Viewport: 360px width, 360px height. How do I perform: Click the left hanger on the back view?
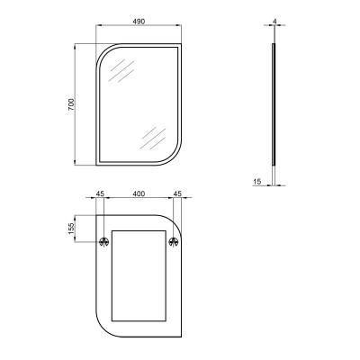tap(104, 241)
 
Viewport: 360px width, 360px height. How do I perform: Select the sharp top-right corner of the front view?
tap(179, 44)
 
